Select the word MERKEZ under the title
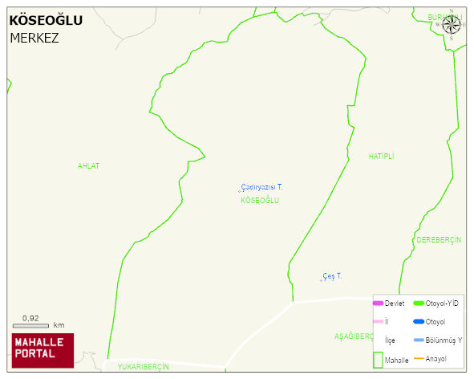click(x=34, y=38)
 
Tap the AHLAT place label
click(x=88, y=165)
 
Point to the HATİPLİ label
click(x=382, y=155)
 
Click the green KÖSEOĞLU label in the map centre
click(x=260, y=200)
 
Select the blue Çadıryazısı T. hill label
click(x=261, y=186)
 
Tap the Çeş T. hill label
click(x=332, y=275)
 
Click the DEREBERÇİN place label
click(x=439, y=240)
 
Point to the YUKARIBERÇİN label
click(x=143, y=366)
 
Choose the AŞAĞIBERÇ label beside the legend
click(x=354, y=336)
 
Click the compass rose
click(x=452, y=24)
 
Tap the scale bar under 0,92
click(x=30, y=325)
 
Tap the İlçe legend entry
click(x=391, y=340)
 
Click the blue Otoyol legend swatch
click(x=419, y=321)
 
